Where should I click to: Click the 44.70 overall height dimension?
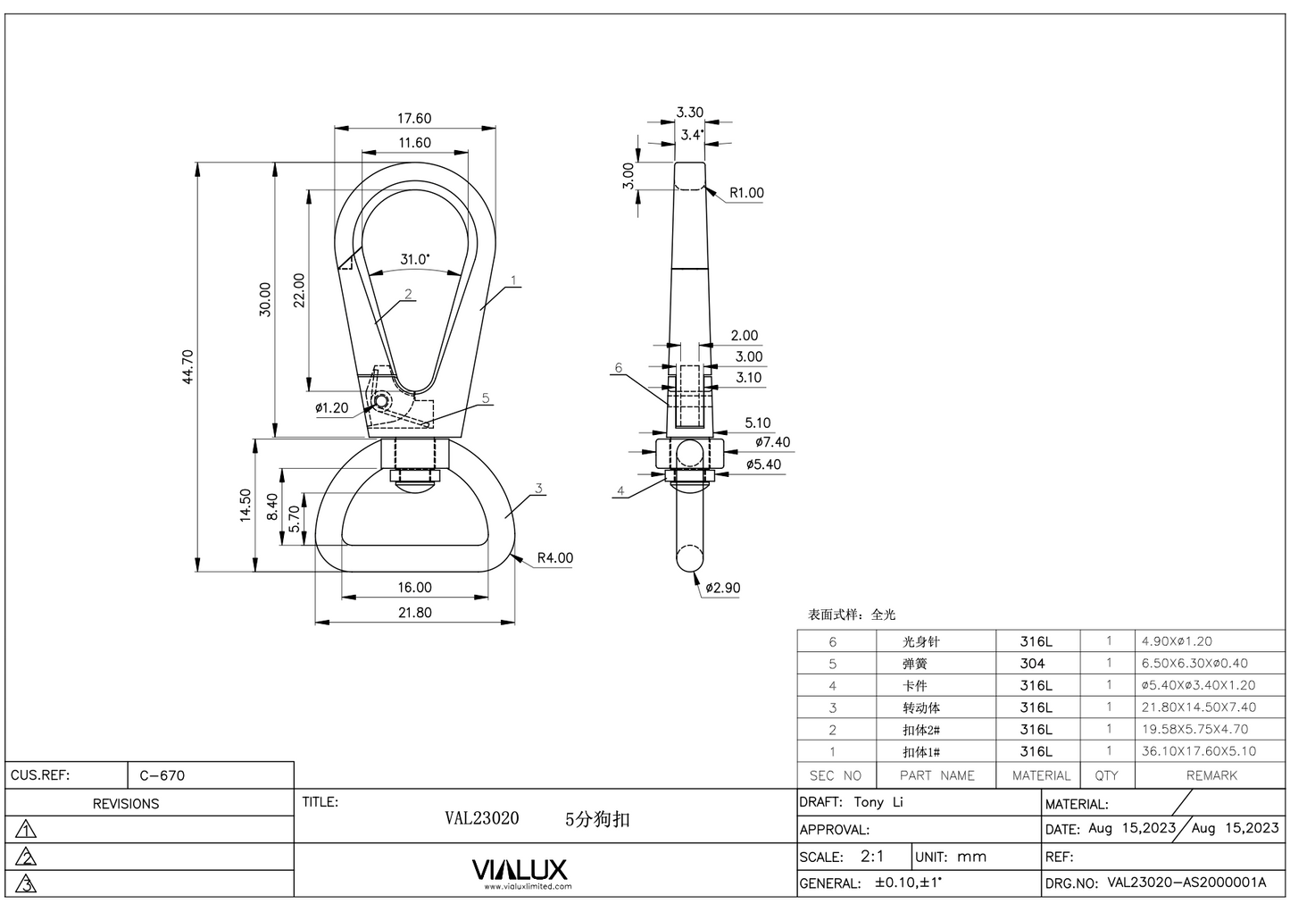point(187,366)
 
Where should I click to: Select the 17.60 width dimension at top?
point(414,118)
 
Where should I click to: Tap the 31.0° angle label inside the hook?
point(413,259)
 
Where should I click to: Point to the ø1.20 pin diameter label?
point(332,408)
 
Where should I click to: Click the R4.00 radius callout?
point(554,558)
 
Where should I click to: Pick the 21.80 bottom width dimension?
point(414,613)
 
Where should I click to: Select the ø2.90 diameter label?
point(722,588)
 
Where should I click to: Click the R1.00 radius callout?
point(746,193)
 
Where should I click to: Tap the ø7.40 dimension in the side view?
point(772,442)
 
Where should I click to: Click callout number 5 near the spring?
point(486,398)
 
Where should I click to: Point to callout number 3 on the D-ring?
point(539,489)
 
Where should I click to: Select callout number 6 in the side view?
point(618,368)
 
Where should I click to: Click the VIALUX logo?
point(519,870)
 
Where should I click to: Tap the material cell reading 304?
point(1032,664)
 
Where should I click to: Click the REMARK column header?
point(1211,775)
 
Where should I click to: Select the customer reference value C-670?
point(162,775)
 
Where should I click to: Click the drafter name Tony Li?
point(878,802)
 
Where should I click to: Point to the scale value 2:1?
point(872,857)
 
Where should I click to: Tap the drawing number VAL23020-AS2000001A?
point(1186,883)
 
